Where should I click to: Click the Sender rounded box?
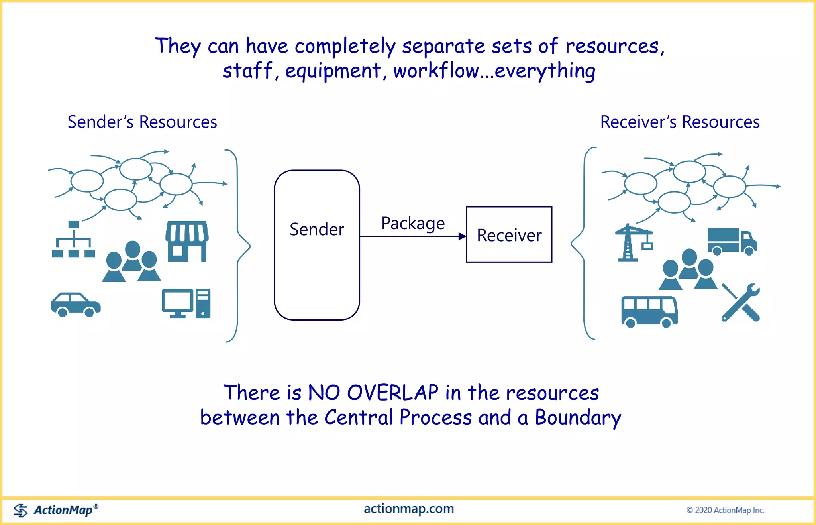(317, 245)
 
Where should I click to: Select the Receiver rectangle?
(509, 234)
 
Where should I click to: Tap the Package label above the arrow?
(413, 223)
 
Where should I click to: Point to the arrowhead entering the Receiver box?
(462, 236)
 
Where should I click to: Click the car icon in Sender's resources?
(76, 305)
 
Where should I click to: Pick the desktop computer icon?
(186, 303)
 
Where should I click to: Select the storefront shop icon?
(187, 241)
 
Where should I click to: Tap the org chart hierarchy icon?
(73, 239)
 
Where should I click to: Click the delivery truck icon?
(732, 241)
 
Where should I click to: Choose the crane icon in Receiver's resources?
(633, 242)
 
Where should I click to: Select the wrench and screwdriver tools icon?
(741, 302)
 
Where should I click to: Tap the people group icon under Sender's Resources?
(131, 262)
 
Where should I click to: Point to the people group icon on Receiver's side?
(688, 269)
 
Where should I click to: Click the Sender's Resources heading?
(142, 122)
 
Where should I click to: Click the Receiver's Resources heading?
(680, 122)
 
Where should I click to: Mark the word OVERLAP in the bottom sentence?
(392, 393)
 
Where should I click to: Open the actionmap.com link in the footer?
(409, 509)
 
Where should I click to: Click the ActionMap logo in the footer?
(56, 510)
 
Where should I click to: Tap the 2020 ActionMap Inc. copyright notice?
(725, 510)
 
